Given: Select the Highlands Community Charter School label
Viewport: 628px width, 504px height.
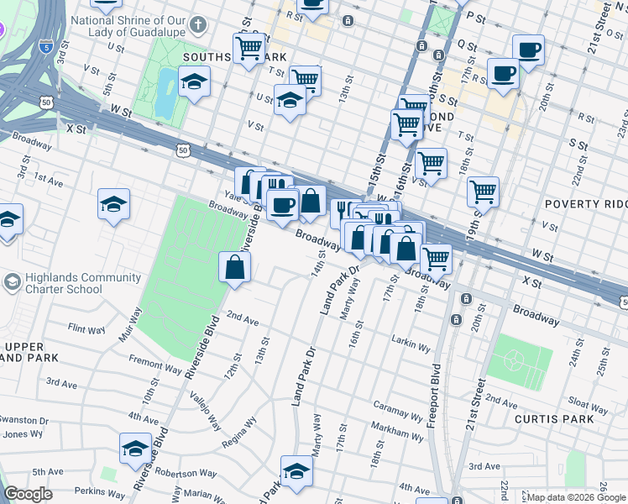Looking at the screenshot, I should click(64, 284).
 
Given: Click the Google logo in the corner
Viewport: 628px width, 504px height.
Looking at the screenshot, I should click(29, 494).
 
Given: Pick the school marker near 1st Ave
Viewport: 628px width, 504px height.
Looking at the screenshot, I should click(114, 204).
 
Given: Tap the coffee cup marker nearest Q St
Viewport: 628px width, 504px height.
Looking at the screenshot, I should click(528, 50).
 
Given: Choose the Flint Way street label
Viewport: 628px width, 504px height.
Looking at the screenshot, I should click(86, 328).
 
